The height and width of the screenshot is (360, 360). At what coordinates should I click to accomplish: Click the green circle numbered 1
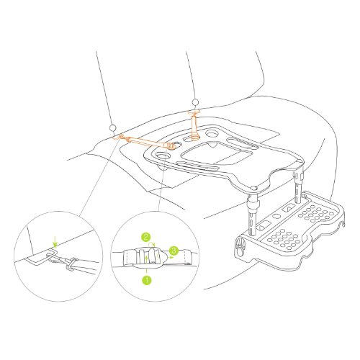tap(147, 280)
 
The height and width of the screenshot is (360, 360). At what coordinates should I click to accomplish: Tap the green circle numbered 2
tap(145, 237)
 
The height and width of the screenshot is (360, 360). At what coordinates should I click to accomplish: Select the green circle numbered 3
tap(174, 251)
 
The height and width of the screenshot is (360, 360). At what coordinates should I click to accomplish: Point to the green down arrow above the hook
tap(55, 242)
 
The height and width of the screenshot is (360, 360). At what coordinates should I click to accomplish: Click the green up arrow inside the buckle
tap(147, 264)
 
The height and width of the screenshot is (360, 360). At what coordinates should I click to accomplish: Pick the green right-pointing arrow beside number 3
tap(170, 256)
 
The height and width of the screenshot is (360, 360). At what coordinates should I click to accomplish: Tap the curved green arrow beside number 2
tap(152, 243)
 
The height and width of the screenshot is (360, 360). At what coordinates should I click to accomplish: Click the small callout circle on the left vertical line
tap(112, 128)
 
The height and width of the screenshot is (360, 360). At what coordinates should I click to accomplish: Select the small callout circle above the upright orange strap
tap(195, 102)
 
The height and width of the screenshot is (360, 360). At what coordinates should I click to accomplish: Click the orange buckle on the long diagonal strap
tap(170, 145)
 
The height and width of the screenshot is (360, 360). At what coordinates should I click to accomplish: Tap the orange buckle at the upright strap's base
tap(195, 136)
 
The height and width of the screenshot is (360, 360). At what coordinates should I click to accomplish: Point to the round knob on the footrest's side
tap(240, 247)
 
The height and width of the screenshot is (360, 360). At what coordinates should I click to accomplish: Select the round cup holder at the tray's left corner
tap(162, 156)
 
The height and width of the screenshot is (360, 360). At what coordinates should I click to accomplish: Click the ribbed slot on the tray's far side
tap(243, 142)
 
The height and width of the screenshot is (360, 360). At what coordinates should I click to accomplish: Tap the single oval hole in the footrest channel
tap(276, 216)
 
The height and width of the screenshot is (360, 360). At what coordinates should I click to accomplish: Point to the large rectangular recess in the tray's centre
tap(217, 153)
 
